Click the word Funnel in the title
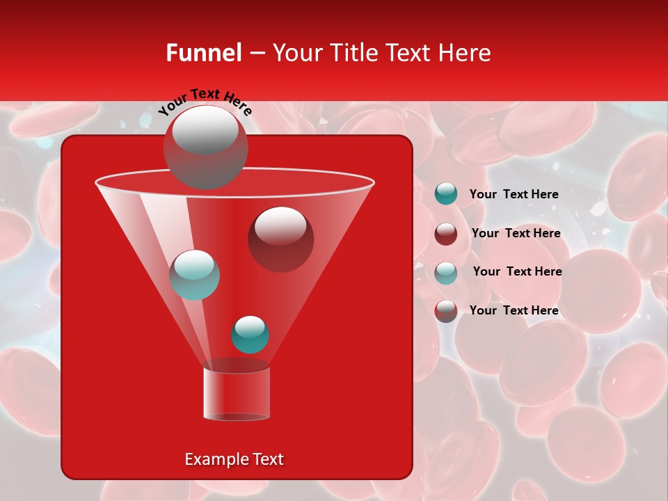pyautogui.click(x=203, y=53)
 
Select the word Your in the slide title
pyautogui.click(x=296, y=53)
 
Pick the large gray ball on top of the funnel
pyautogui.click(x=205, y=147)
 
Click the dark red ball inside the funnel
pyautogui.click(x=280, y=239)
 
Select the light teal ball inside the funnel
pyautogui.click(x=194, y=274)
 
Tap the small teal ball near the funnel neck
pyautogui.click(x=250, y=334)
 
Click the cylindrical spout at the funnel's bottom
pyautogui.click(x=236, y=394)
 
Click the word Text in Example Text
pyautogui.click(x=267, y=459)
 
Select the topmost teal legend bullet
pyautogui.click(x=446, y=194)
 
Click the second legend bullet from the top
pyautogui.click(x=446, y=234)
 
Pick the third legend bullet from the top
pyautogui.click(x=446, y=272)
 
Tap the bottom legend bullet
pyautogui.click(x=446, y=311)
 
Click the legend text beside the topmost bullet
pyautogui.click(x=514, y=194)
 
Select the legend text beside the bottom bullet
pyautogui.click(x=514, y=310)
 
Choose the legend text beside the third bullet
pyautogui.click(x=517, y=271)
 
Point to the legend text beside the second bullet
pyautogui.click(x=516, y=233)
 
